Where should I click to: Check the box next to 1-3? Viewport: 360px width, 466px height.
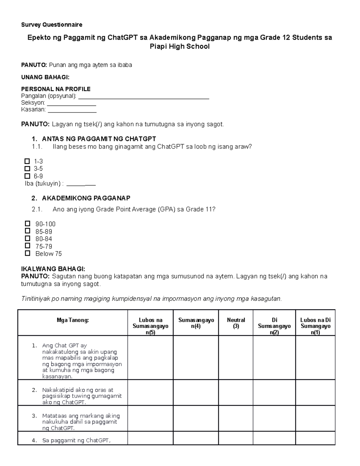(x=27, y=161)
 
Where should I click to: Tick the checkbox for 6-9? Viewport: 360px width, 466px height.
(x=27, y=176)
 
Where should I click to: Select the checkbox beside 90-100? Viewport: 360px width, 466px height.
(x=28, y=224)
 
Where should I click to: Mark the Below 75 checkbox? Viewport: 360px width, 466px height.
(x=28, y=253)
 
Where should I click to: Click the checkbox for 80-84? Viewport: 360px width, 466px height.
(x=28, y=239)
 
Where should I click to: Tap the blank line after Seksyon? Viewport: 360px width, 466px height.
(x=72, y=105)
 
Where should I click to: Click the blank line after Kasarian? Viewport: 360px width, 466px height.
(x=72, y=112)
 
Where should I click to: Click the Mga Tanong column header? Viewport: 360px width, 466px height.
(x=73, y=320)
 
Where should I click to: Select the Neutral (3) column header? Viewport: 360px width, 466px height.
(x=236, y=323)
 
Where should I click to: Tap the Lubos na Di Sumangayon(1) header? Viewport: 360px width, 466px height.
(x=315, y=326)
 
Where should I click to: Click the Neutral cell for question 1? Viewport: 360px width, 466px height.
(x=236, y=358)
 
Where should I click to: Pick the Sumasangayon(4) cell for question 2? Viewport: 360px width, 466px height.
(x=196, y=393)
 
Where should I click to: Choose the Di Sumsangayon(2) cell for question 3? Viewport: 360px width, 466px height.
(x=274, y=419)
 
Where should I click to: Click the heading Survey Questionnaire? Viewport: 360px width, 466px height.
(x=52, y=25)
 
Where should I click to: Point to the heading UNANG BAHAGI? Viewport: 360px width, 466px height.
(x=45, y=77)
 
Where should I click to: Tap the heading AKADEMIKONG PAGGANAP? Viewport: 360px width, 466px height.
(x=86, y=198)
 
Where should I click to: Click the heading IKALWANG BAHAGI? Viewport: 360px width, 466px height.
(x=53, y=269)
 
